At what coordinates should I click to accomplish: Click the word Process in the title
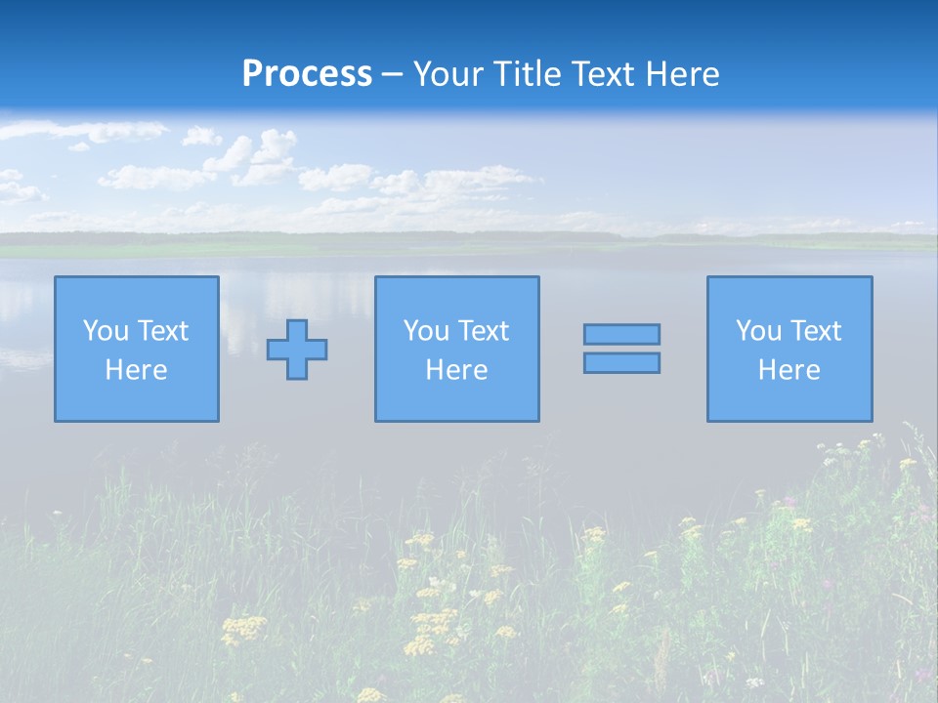pos(307,74)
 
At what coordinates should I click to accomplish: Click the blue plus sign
pos(297,350)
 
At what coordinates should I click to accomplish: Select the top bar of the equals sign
pos(621,334)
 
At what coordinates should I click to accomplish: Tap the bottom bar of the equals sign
pos(621,362)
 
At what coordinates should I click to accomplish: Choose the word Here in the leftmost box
pos(136,370)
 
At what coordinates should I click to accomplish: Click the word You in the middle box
pos(425,331)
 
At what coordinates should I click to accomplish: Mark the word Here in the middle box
pos(456,370)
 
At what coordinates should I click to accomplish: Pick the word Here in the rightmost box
pos(789,370)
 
